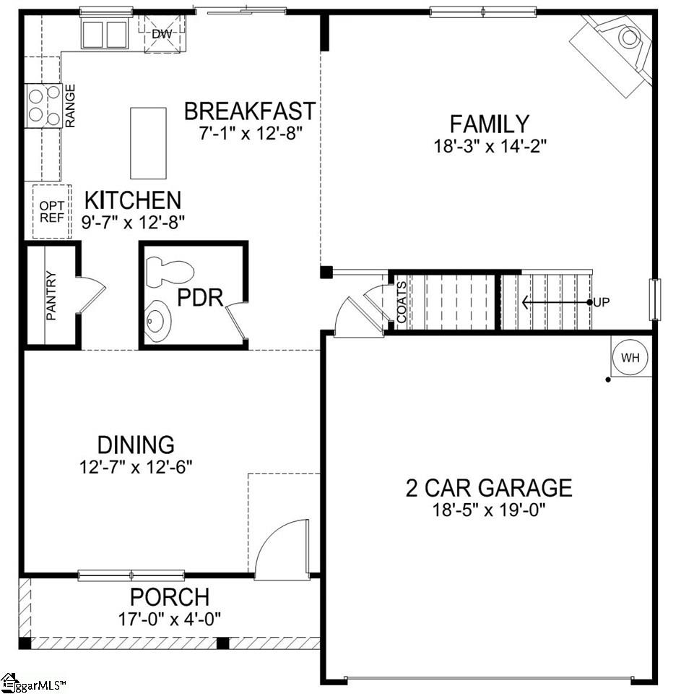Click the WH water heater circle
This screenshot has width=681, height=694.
(x=630, y=357)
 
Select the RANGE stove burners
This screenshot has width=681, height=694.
(x=43, y=106)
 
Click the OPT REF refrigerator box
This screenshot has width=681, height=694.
(x=52, y=211)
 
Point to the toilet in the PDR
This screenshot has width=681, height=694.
(x=170, y=272)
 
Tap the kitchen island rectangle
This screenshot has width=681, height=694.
(x=148, y=142)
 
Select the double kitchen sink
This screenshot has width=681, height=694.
(x=105, y=33)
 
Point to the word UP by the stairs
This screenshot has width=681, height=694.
(x=602, y=302)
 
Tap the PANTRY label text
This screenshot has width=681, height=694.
(x=51, y=296)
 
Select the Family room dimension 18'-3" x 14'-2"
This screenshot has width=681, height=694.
(x=490, y=145)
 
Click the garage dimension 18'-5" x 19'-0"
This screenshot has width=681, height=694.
(x=490, y=510)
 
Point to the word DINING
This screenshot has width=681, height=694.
(x=136, y=444)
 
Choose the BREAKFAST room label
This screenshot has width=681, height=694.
(x=249, y=111)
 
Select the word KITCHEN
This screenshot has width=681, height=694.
(x=133, y=200)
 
